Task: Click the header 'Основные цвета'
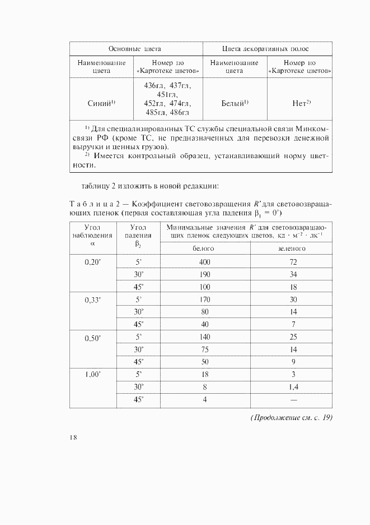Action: pyautogui.click(x=134, y=49)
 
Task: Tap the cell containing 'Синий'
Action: pyautogui.click(x=101, y=103)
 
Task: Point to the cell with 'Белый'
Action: pyautogui.click(x=235, y=103)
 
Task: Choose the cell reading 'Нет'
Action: pyautogui.click(x=301, y=103)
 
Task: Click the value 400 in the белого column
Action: pyautogui.click(x=204, y=262)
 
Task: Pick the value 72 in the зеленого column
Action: pyautogui.click(x=292, y=262)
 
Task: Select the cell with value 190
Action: pyautogui.click(x=204, y=275)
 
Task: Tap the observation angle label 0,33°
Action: pyautogui.click(x=92, y=300)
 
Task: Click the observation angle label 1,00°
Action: pyautogui.click(x=92, y=374)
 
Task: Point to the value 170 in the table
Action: pyautogui.click(x=204, y=300)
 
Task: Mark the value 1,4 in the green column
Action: pyautogui.click(x=292, y=386)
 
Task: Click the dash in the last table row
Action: pyautogui.click(x=292, y=399)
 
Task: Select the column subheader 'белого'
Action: pyautogui.click(x=204, y=248)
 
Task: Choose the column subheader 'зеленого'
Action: pyautogui.click(x=292, y=248)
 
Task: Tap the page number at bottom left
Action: pyautogui.click(x=73, y=438)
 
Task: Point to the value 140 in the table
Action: pyautogui.click(x=204, y=337)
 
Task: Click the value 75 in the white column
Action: pyautogui.click(x=204, y=349)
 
